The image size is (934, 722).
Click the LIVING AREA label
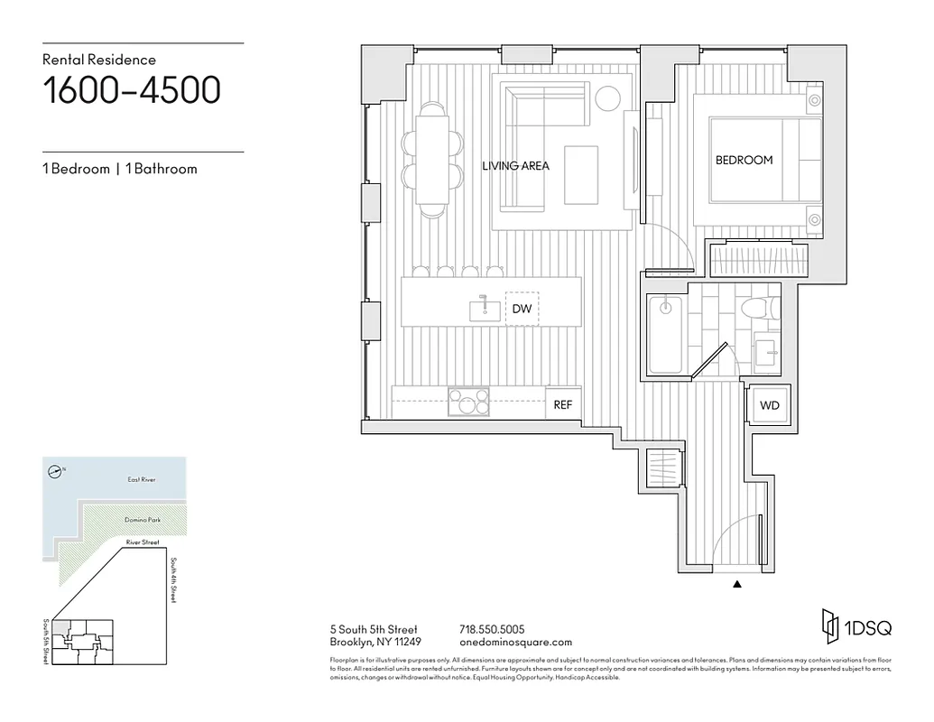tap(515, 166)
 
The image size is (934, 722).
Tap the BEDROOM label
tap(744, 160)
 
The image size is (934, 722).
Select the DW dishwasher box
tap(522, 309)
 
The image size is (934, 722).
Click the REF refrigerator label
tap(562, 405)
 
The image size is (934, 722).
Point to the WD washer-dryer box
tap(769, 405)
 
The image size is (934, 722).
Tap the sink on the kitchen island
tap(485, 310)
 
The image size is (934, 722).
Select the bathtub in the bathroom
tap(666, 336)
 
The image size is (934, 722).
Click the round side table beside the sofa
tap(608, 97)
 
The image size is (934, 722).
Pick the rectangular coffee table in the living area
tap(581, 174)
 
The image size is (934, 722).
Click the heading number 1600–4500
tap(132, 90)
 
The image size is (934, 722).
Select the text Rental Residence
tap(99, 60)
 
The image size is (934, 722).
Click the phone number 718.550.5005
tap(492, 629)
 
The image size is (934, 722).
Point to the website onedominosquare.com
tap(515, 643)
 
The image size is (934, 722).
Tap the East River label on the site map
tap(141, 479)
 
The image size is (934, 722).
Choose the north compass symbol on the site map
tap(56, 470)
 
